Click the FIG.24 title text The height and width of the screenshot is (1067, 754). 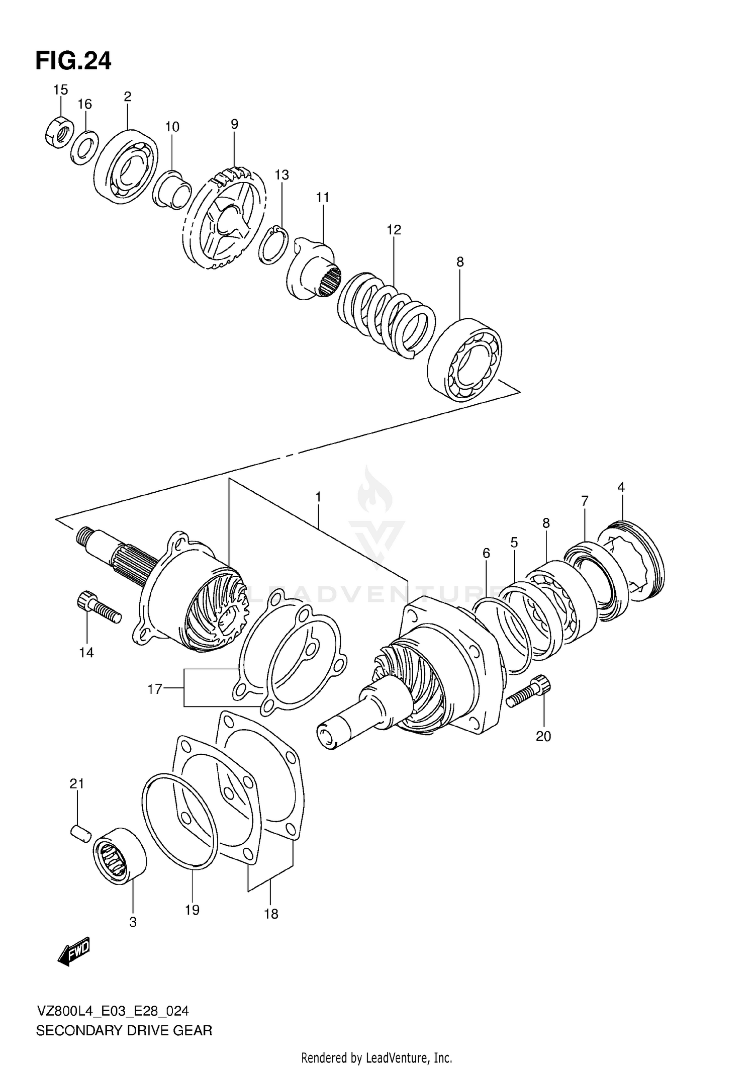pos(73,61)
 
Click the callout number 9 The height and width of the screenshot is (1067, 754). pos(234,124)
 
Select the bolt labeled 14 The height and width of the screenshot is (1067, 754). pos(99,607)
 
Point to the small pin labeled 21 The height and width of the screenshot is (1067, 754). pos(80,832)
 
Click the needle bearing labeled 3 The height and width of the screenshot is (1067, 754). pos(120,854)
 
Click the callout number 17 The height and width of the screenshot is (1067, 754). pos(155,688)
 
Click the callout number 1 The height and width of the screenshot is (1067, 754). pos(318,497)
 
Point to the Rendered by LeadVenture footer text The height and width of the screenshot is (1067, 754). pos(376,1058)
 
